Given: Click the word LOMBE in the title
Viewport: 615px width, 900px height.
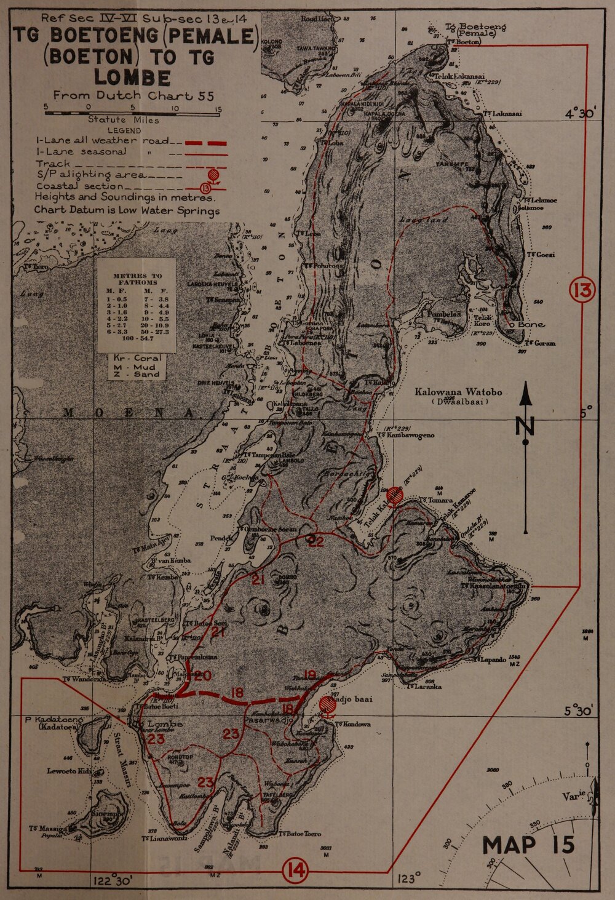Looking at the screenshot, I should point(132,78).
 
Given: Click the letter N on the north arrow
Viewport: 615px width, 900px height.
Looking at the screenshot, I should point(526,425).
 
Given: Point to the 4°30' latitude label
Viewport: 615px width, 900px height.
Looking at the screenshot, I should point(581,114).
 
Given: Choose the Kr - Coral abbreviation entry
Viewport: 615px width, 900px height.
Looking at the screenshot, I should point(137,358).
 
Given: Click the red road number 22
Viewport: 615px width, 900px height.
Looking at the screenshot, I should point(315,541).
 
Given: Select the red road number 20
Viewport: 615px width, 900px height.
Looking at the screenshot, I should point(203,675).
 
